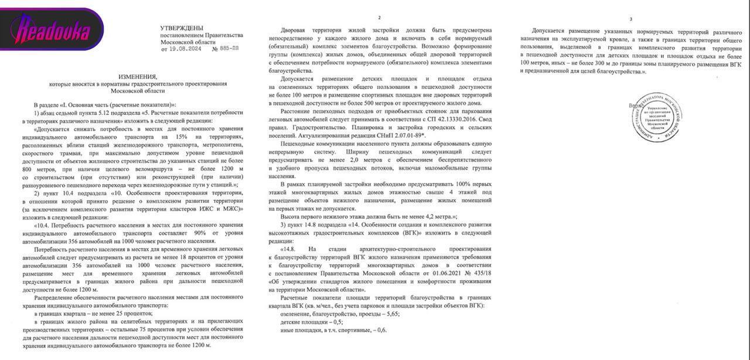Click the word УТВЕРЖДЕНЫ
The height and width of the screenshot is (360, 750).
coord(182,28)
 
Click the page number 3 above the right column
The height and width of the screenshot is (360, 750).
coord(630,19)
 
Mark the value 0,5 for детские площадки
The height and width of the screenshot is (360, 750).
coord(336,322)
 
